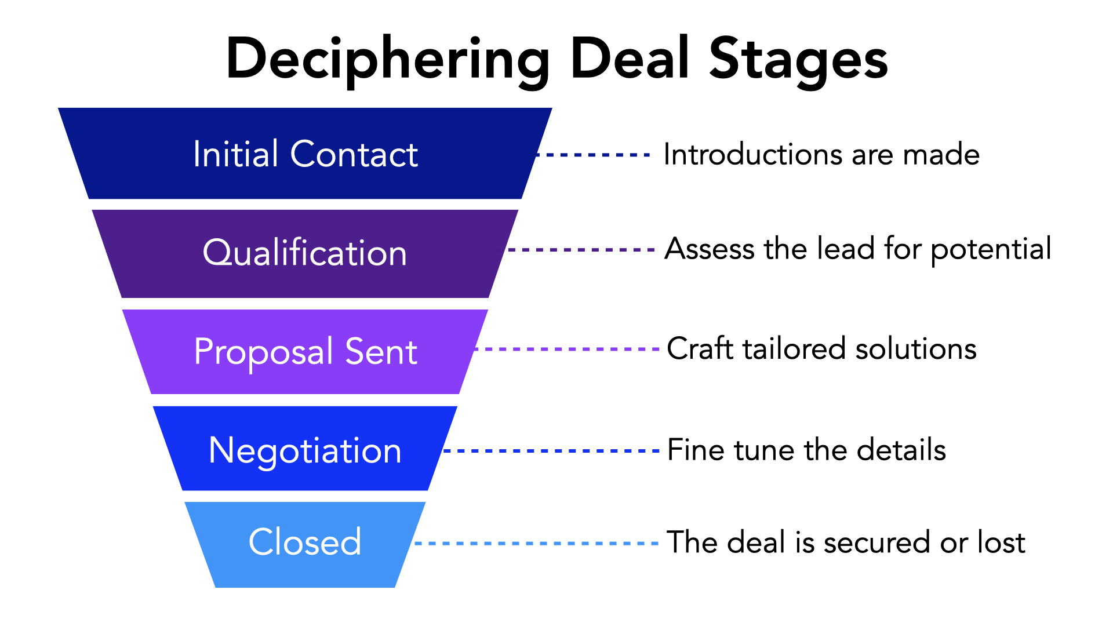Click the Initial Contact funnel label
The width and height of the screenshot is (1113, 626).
click(x=305, y=154)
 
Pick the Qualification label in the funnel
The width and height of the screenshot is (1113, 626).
click(x=305, y=253)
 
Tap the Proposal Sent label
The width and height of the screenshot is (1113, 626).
click(x=305, y=352)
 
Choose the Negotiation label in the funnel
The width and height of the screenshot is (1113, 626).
click(x=305, y=450)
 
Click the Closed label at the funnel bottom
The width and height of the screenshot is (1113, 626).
click(x=305, y=543)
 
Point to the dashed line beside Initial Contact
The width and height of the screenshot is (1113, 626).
click(x=594, y=155)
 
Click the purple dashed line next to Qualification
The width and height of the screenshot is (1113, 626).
click(x=581, y=250)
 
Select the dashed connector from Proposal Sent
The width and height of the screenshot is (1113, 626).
click(x=566, y=349)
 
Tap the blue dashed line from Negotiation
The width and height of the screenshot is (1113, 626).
click(x=551, y=450)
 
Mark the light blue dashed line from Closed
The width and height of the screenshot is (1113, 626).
click(x=536, y=543)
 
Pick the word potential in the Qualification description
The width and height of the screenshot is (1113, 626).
click(x=991, y=250)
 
